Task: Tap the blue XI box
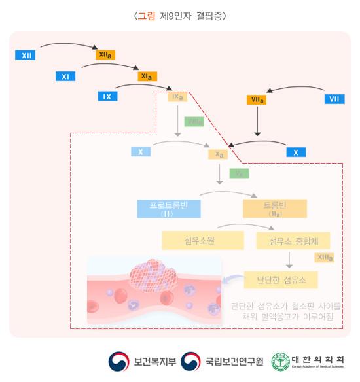[x=65, y=77]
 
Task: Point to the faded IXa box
[x=178, y=97]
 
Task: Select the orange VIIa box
[x=257, y=100]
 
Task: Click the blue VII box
[x=334, y=99]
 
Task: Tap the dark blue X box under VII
[x=296, y=152]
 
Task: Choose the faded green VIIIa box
[x=194, y=122]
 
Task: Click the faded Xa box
[x=220, y=154]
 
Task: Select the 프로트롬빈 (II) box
[x=168, y=208]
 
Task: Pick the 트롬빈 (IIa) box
[x=274, y=208]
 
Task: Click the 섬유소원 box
[x=197, y=240]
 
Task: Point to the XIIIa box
[x=324, y=258]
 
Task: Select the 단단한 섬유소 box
[x=280, y=280]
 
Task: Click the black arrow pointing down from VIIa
[x=257, y=122]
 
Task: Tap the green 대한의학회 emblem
[x=281, y=361]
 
